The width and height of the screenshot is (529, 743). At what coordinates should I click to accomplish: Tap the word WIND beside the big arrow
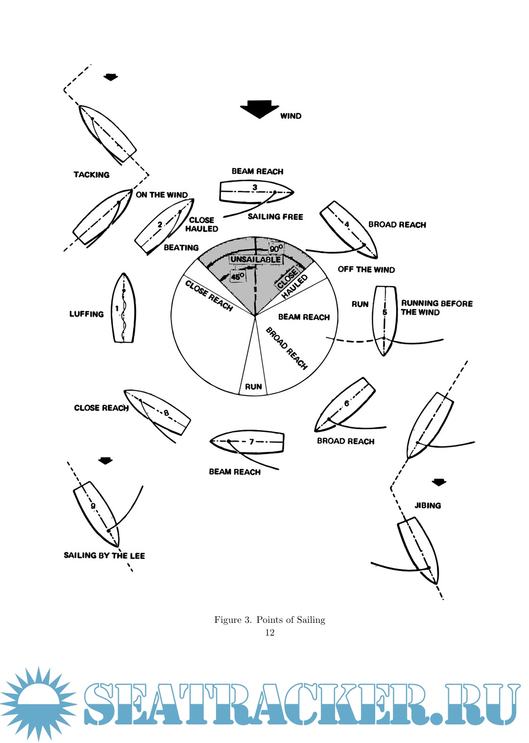coord(290,116)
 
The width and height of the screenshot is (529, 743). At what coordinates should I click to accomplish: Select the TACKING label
coord(92,175)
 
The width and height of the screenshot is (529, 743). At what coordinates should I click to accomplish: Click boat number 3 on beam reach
coord(255,192)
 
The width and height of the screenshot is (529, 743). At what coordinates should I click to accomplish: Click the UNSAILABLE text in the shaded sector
coord(256,259)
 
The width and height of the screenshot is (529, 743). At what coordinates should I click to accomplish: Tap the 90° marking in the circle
coord(276,249)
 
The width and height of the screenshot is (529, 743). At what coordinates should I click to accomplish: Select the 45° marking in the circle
coord(238,277)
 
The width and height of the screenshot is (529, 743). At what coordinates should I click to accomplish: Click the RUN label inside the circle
coord(253,386)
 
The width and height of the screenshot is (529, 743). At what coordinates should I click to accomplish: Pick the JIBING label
coord(428,505)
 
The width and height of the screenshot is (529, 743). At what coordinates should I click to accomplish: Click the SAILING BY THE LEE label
coord(104,555)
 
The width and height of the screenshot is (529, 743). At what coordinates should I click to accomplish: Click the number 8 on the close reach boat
coord(167,413)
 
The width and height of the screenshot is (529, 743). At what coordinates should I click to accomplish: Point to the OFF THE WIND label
coord(366,269)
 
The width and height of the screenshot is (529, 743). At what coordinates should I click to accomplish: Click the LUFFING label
coord(86,314)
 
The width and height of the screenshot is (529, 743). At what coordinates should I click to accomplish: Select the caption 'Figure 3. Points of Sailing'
coord(269,619)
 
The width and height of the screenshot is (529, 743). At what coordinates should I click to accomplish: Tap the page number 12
coord(269,632)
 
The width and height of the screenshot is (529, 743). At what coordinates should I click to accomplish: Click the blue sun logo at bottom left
coord(39,703)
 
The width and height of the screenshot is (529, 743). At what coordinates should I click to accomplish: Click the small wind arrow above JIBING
coord(439,482)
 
